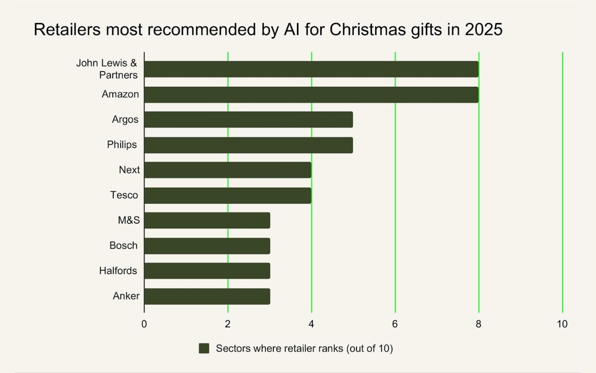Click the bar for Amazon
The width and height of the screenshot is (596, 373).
[x=311, y=94]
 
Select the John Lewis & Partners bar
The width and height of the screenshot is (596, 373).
[x=311, y=69]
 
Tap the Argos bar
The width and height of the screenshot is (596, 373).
[x=248, y=120]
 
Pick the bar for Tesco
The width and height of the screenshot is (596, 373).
[x=228, y=195]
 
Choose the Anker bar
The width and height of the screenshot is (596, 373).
[x=207, y=296]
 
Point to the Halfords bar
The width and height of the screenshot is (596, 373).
[x=207, y=271]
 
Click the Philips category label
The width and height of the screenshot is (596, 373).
[x=122, y=145]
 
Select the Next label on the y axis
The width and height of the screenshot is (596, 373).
[x=129, y=170]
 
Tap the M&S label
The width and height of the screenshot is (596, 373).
[x=129, y=220]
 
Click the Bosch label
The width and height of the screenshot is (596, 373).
[x=123, y=246]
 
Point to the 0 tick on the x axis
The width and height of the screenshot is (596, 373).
[x=144, y=324]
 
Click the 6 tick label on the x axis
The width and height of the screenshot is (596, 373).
[x=395, y=324]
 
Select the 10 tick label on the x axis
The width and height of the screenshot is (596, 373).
[x=562, y=324]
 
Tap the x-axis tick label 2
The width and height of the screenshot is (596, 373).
[x=228, y=324]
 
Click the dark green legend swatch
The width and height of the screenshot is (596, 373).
[x=204, y=348]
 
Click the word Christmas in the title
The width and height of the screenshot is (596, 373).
[x=368, y=30]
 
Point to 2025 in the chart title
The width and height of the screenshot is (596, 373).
[x=483, y=30]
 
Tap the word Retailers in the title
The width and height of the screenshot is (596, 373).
[x=67, y=30]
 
